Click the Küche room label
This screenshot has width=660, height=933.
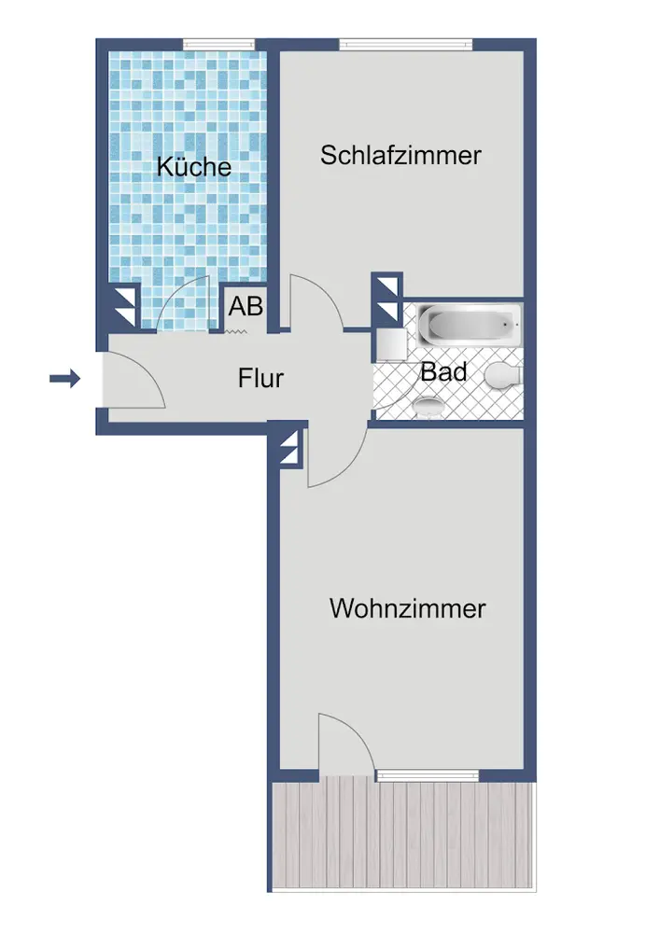194,167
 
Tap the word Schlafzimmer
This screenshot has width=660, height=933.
400,155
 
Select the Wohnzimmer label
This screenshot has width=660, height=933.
408,609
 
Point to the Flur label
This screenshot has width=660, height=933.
260,379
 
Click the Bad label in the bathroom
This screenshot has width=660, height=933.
443,371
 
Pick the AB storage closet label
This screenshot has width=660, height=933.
246,306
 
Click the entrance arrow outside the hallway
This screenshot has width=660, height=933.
65,378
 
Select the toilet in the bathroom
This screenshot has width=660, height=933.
502,377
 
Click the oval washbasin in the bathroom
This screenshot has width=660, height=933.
429,407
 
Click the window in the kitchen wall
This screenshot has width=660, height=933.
218,43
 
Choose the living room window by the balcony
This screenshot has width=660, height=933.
427,774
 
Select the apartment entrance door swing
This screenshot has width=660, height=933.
133,383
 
